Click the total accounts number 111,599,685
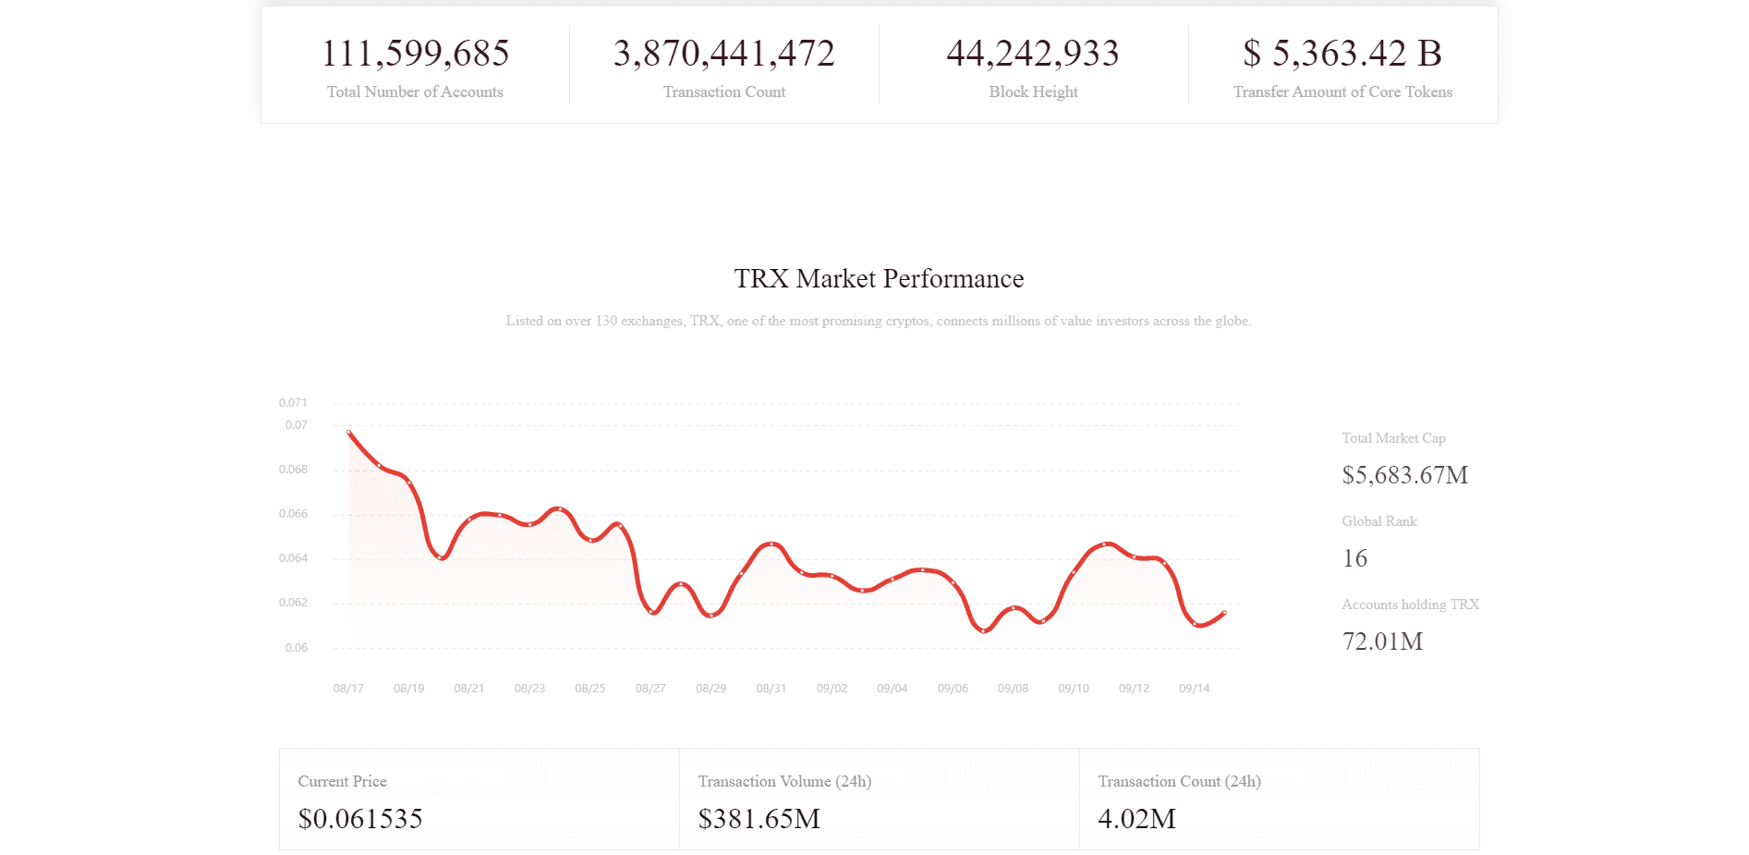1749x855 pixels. coord(415,54)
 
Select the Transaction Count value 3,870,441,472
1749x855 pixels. coord(723,54)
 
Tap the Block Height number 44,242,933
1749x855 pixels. coord(1032,54)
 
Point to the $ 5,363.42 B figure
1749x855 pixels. coord(1342,54)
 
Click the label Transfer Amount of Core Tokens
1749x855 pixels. coord(1342,92)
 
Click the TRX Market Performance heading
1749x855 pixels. coord(879,278)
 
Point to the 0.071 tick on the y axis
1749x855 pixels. coord(293,403)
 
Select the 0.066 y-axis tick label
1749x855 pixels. coord(293,514)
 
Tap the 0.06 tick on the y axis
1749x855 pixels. coord(296,648)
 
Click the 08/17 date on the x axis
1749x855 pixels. coord(348,689)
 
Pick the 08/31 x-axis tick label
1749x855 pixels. coord(771,689)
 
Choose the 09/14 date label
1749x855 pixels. coord(1194,689)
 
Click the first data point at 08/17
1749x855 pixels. coord(349,432)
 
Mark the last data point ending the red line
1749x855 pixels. coord(1224,613)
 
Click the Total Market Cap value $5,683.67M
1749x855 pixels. coord(1404,475)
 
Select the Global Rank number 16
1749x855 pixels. coord(1354,558)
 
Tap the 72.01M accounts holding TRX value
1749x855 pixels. coord(1382,641)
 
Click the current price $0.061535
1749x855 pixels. coord(360,819)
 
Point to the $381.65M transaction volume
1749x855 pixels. coord(759,819)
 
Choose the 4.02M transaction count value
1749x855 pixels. coord(1136,819)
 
